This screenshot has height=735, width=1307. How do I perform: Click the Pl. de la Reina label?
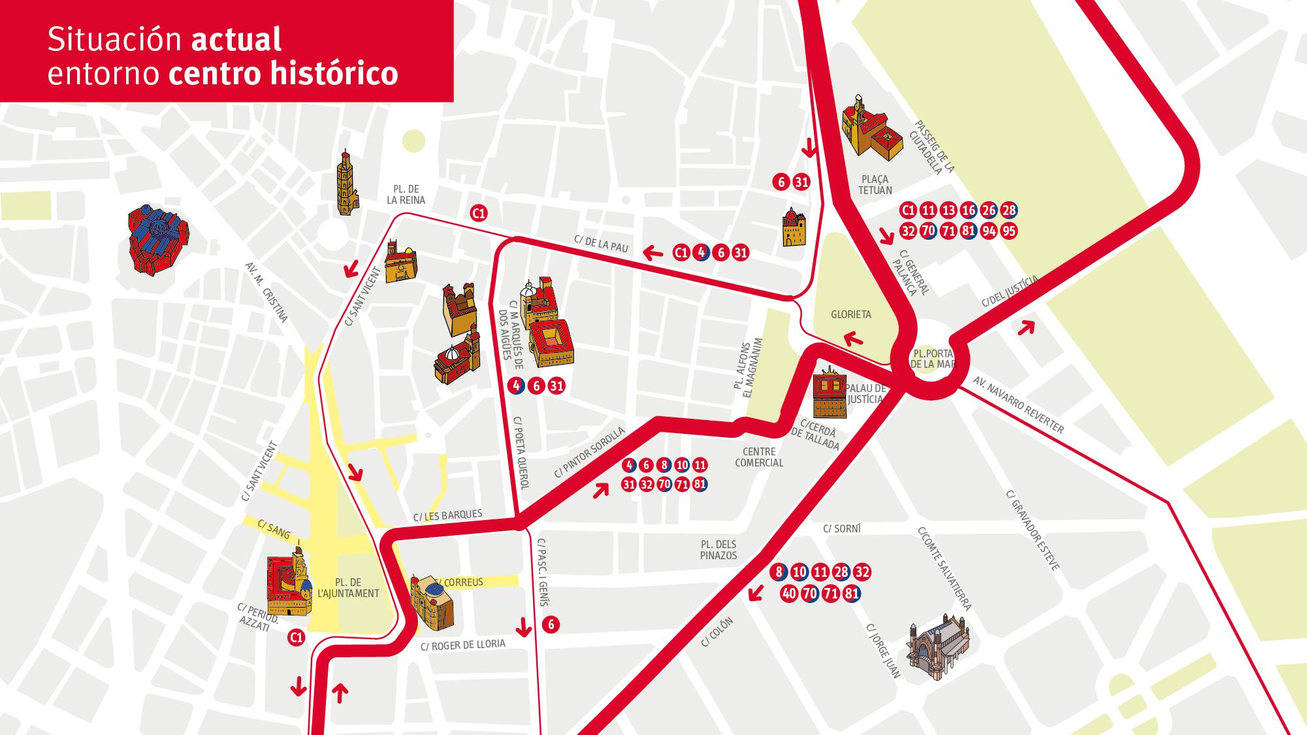(406, 195)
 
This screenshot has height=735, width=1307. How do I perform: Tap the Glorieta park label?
(850, 314)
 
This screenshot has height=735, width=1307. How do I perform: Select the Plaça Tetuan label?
(875, 184)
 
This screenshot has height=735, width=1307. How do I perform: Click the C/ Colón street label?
(717, 632)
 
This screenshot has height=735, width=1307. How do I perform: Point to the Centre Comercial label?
(759, 457)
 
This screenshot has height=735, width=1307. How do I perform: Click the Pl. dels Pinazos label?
(718, 549)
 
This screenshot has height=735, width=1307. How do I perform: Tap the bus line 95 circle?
(1009, 231)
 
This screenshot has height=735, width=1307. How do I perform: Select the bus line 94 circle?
(989, 231)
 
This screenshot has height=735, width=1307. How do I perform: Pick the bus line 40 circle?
(789, 594)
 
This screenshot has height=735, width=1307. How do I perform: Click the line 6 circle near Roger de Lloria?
(551, 625)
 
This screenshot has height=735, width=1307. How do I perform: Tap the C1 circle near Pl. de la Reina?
(479, 213)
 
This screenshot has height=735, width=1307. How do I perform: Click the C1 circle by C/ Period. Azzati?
(297, 637)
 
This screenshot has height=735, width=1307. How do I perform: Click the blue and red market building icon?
(157, 238)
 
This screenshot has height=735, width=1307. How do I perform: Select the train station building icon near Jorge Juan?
(938, 649)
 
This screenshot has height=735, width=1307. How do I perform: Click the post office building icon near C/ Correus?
(432, 603)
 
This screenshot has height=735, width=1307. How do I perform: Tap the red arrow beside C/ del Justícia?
(1026, 326)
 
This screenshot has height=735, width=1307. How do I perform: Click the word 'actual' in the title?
(236, 39)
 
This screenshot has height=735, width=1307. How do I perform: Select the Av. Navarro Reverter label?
(1018, 405)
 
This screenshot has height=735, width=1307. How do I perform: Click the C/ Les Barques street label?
(447, 515)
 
